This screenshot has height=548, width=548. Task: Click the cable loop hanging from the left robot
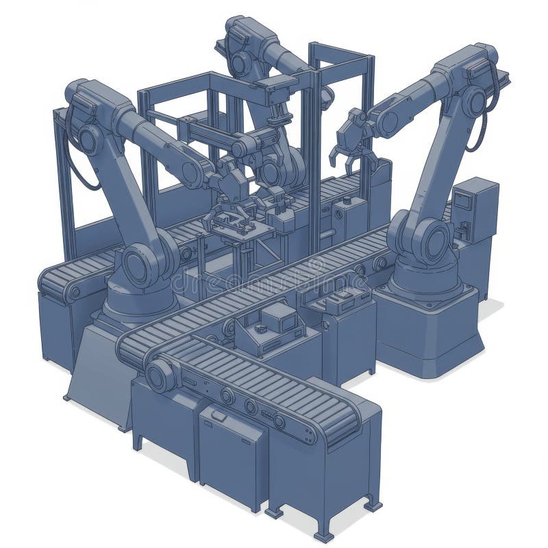point(75,164)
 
